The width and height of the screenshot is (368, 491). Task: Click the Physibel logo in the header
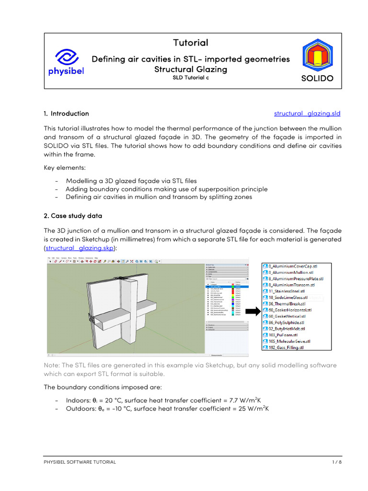(70, 61)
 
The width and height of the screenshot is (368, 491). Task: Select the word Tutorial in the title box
(191, 43)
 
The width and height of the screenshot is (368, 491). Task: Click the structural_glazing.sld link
(307, 114)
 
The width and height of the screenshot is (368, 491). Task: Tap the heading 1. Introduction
(66, 114)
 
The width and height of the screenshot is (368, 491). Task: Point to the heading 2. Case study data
(72, 216)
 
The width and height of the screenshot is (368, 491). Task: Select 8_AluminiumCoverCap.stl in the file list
(296, 266)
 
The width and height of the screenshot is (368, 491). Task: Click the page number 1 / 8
(336, 462)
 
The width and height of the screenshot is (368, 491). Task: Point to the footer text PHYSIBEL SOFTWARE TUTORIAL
(80, 462)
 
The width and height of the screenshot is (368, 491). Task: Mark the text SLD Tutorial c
(191, 78)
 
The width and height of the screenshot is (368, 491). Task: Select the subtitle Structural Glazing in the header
(191, 69)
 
